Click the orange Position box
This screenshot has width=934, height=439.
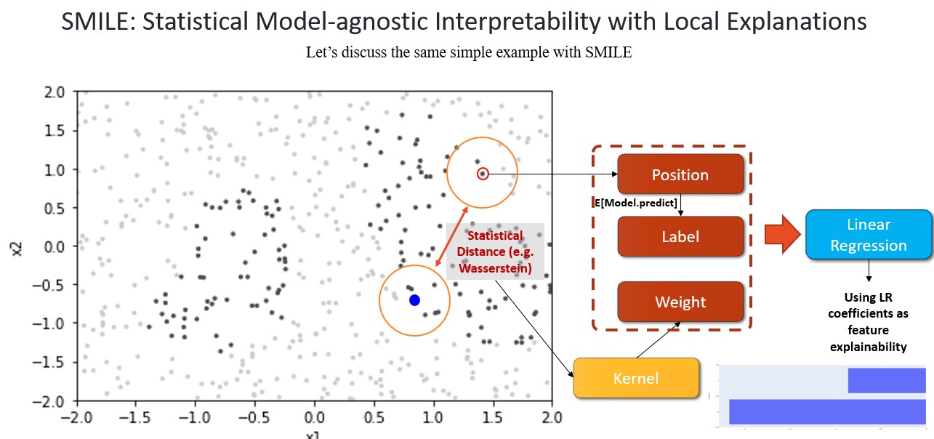[680, 174]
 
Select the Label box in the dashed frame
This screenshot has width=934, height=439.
[680, 236]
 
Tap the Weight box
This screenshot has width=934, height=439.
[680, 302]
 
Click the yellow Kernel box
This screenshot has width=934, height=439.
[636, 378]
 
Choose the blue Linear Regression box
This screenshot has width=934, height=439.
[869, 235]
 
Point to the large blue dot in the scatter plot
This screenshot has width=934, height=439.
[414, 300]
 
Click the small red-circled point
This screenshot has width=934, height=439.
[483, 174]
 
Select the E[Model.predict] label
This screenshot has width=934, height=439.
[636, 201]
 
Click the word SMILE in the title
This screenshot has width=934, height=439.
[94, 22]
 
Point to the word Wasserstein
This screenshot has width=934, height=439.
[494, 270]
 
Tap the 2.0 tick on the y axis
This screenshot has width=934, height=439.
[55, 92]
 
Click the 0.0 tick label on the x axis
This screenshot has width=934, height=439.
[315, 418]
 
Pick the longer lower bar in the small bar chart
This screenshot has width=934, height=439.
[826, 411]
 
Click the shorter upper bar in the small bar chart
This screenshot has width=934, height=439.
[886, 381]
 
